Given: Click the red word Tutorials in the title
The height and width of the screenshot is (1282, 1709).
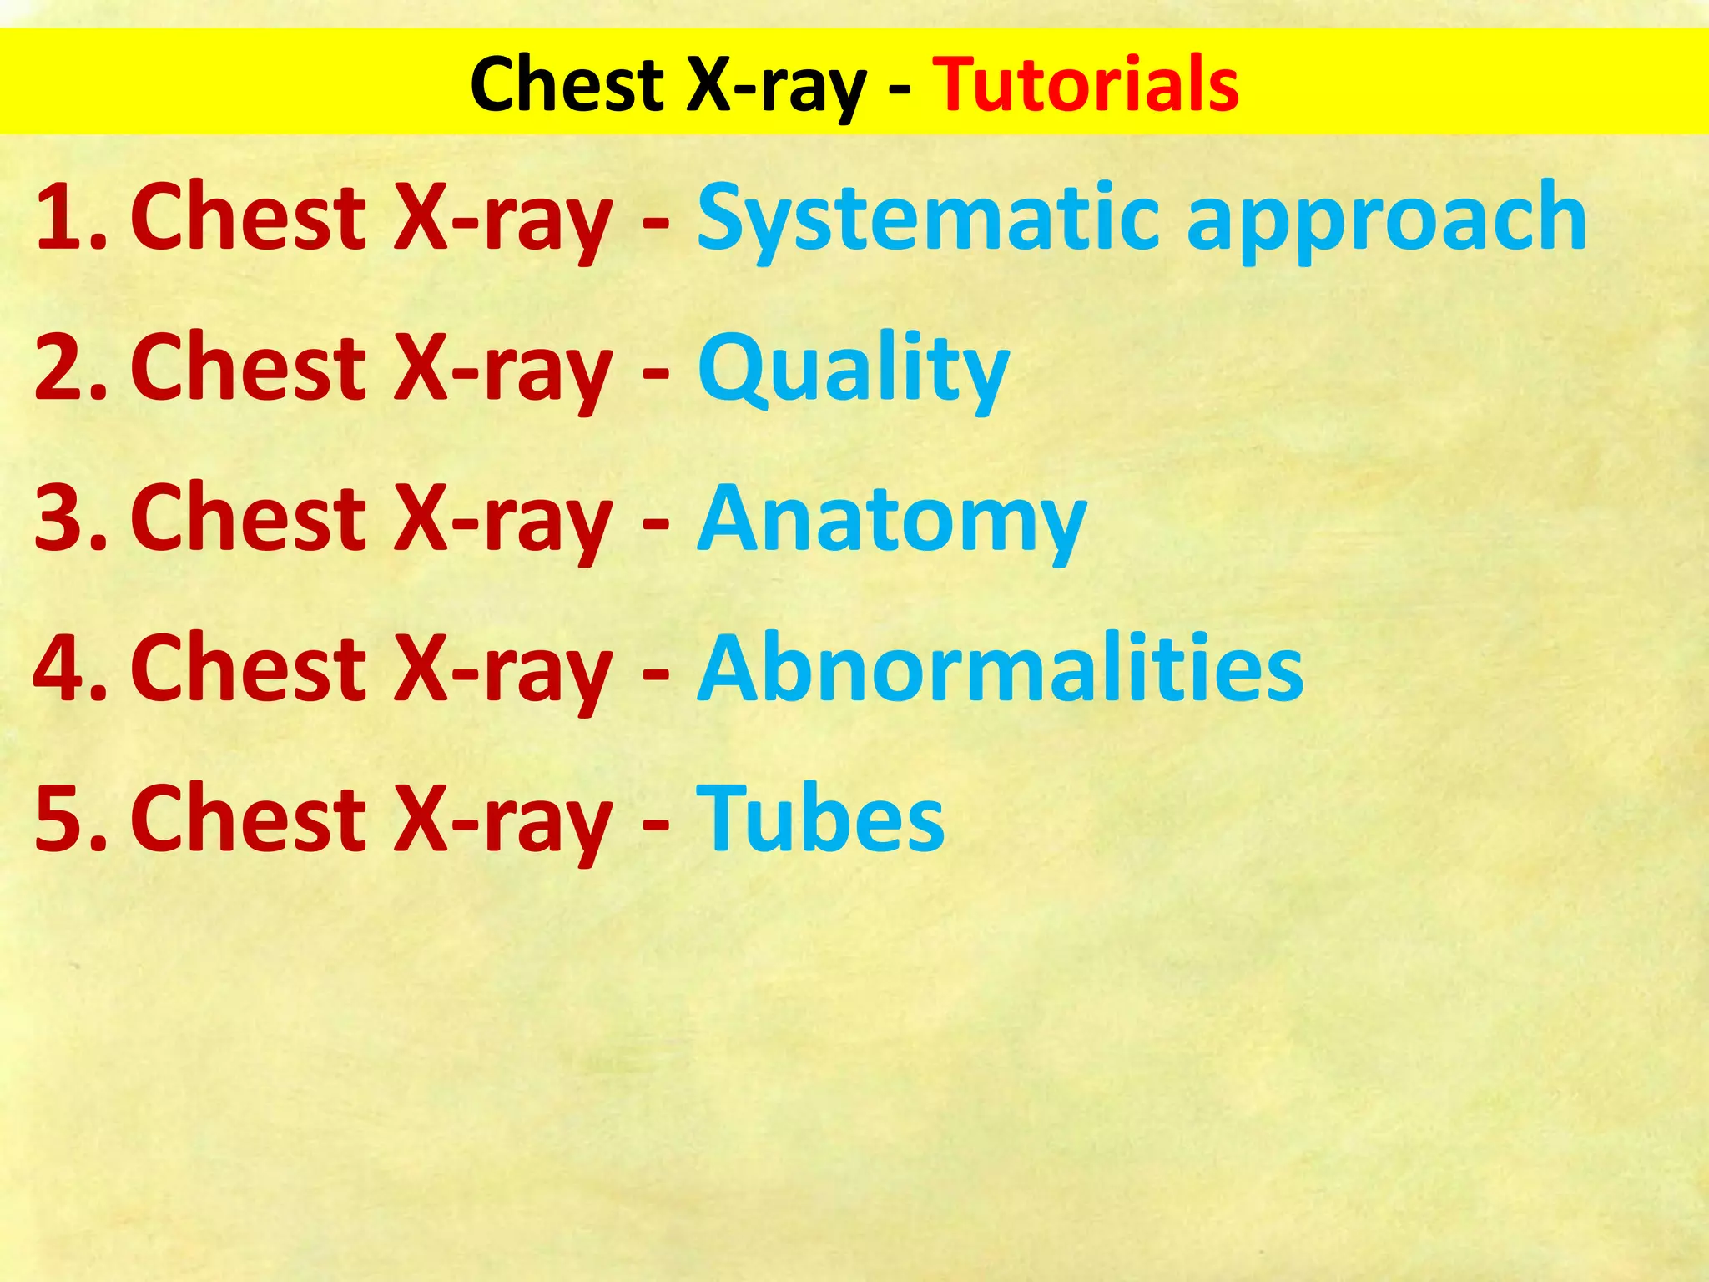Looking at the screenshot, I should point(1086,83).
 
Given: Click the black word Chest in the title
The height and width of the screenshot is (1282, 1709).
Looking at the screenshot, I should point(567,83).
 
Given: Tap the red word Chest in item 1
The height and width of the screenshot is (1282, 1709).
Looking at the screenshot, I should point(248,217).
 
